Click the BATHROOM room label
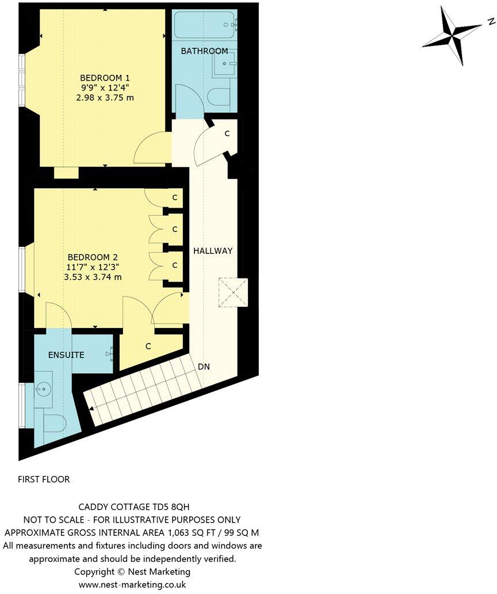tap(204, 51)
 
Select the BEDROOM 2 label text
tap(93, 257)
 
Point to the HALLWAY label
tap(213, 251)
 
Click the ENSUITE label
tap(66, 355)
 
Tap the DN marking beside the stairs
tap(204, 367)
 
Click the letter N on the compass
tap(491, 22)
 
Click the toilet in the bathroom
tap(219, 96)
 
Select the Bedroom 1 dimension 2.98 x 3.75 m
tap(105, 98)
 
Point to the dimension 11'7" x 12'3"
tap(93, 267)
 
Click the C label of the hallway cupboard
tap(227, 134)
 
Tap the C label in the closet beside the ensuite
tap(148, 346)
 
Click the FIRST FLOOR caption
tap(44, 479)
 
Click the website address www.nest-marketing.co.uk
tap(132, 584)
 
